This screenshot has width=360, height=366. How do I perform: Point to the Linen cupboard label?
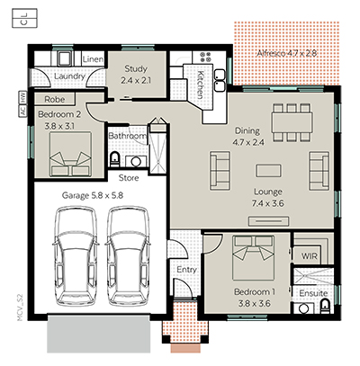93,59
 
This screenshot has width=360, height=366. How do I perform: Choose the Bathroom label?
127,137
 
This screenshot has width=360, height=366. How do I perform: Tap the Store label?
129,176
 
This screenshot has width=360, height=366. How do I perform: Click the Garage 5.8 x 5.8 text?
92,195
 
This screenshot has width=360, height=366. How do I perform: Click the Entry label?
186,269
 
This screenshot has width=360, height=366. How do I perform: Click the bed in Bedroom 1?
249,258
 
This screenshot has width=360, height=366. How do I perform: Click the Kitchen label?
198,85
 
